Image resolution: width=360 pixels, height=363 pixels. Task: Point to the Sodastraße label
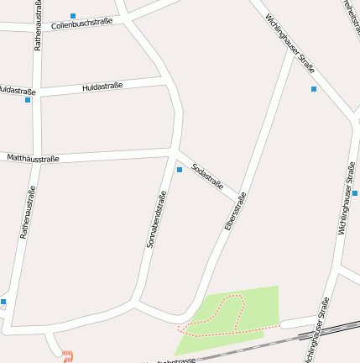point(207,176)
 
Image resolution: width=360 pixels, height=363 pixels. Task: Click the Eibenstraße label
point(235,212)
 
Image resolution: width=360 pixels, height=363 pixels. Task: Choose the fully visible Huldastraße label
point(102,87)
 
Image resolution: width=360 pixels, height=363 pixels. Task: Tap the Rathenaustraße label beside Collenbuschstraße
point(38,25)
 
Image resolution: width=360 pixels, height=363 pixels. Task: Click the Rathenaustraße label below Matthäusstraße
point(25,213)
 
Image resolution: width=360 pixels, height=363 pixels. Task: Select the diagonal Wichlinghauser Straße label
point(290,43)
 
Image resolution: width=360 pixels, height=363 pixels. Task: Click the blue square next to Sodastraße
point(179,170)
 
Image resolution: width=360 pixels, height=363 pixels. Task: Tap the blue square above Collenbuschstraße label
point(73,16)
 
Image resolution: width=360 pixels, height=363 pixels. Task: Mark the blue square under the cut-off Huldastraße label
point(28,100)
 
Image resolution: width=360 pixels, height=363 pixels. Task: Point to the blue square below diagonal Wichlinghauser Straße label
point(314,89)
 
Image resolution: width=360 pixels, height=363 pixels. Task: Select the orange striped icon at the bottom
point(68,356)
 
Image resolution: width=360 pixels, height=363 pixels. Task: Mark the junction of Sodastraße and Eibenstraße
point(238,200)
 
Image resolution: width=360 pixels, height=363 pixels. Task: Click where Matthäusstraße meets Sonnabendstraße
point(172,153)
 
